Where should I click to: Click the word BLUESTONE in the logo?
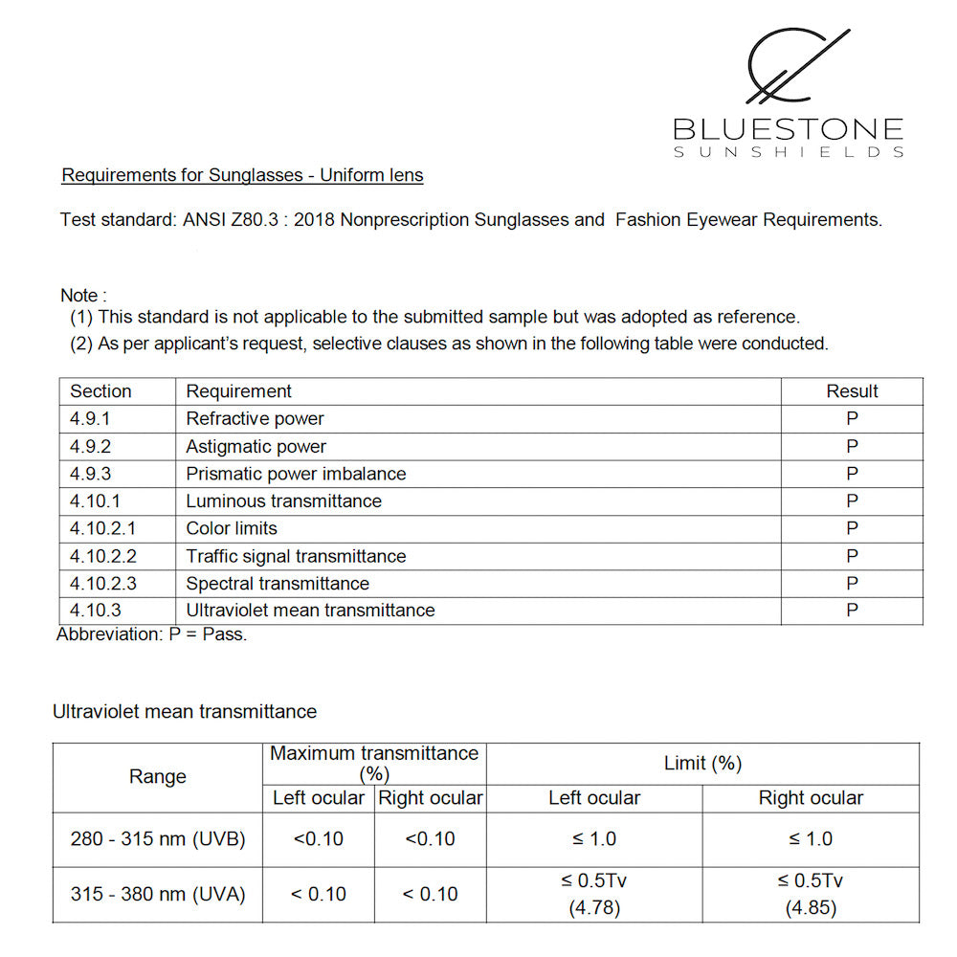coord(788,129)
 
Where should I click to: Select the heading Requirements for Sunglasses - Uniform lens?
coord(242,175)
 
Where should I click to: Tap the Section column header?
coord(100,391)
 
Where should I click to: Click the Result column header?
coord(852,391)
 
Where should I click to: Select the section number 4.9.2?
coord(91,447)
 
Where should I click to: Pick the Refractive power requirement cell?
coord(255,419)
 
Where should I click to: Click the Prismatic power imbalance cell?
coord(296,474)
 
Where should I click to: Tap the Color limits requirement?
coord(232,528)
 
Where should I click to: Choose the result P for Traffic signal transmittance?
coord(852,556)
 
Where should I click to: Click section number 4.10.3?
coord(96,611)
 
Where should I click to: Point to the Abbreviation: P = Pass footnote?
coord(151,634)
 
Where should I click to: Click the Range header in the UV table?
coord(157,777)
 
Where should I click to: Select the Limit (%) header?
coord(702,764)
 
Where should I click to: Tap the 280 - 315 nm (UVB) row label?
coord(158,839)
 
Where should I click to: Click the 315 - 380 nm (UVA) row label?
coord(158,895)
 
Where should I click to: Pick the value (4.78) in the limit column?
coord(594,908)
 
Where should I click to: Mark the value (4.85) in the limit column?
coord(811,908)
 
